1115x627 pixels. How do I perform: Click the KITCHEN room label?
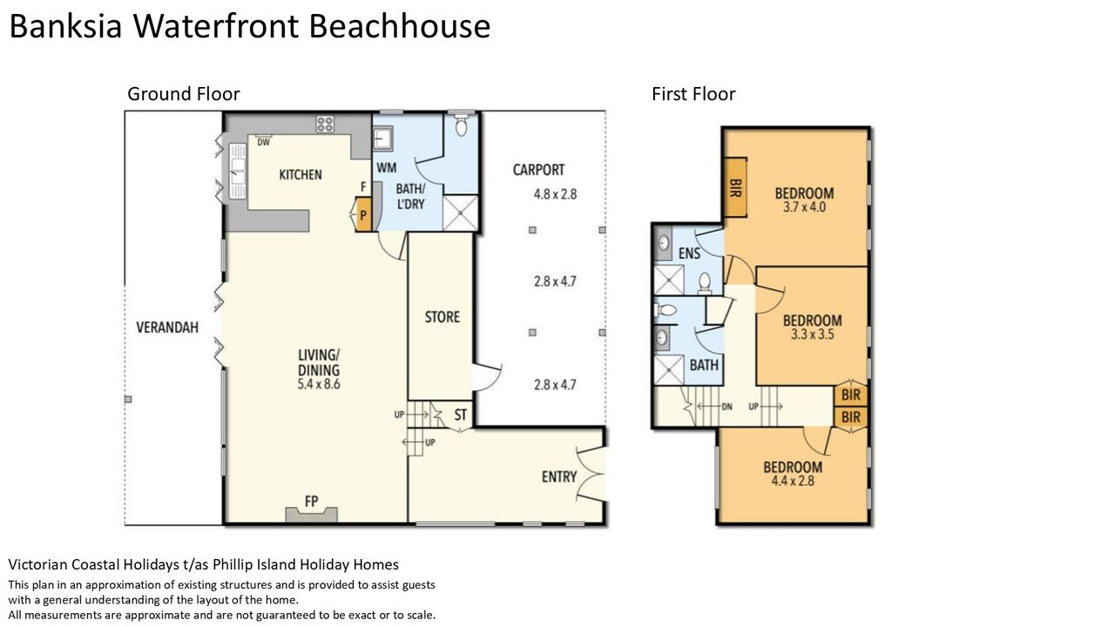coord(301,175)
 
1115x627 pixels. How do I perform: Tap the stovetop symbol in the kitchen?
coord(325,124)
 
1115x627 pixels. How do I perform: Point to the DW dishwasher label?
coord(263,142)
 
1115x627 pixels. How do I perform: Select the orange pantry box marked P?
coord(363,215)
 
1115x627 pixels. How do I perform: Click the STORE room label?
coord(442,317)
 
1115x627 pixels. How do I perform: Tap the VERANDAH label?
coord(167,327)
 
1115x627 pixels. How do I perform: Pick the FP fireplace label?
coord(312,501)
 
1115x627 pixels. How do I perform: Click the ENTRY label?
coord(559,476)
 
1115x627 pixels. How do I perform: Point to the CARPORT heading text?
coord(538,170)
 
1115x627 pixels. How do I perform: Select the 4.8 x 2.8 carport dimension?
coord(555,194)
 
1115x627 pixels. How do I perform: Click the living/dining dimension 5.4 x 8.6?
coord(319,384)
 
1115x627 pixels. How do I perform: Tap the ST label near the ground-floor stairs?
coord(461,415)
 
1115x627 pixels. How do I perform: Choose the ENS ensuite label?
coord(689,253)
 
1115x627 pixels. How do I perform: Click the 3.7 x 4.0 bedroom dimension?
coord(804,207)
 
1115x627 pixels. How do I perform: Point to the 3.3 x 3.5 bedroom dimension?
coord(813,334)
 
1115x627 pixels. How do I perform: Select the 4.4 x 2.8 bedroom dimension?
coord(793,481)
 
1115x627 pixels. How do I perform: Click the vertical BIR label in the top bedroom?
coord(734,188)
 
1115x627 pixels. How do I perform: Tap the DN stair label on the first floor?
coord(726,407)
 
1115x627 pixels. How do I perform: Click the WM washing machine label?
coord(386,168)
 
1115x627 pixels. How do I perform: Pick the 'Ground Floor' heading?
coord(184,94)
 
